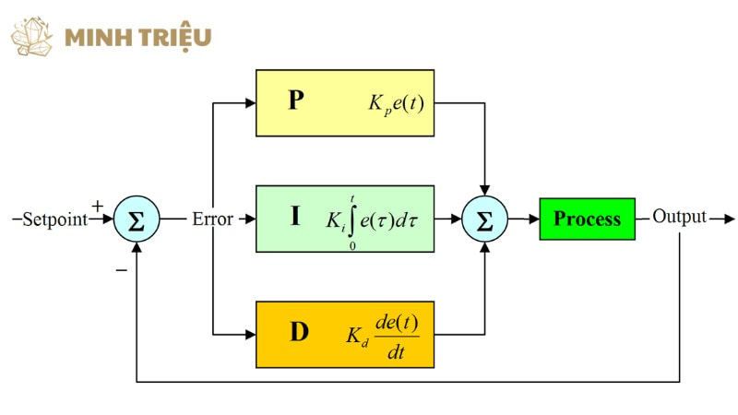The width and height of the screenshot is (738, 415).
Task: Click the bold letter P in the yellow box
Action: click(296, 100)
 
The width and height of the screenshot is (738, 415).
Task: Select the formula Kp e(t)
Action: click(396, 104)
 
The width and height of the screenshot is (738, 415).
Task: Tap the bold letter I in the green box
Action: click(295, 216)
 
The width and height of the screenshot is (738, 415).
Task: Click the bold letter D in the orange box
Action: click(299, 332)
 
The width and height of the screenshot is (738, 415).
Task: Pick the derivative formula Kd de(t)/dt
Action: click(383, 337)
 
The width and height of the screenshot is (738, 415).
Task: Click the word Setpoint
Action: click(55, 219)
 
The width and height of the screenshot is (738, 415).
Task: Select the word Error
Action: click(212, 219)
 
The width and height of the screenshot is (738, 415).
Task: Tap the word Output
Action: click(679, 217)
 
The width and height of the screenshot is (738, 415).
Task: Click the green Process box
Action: click(587, 219)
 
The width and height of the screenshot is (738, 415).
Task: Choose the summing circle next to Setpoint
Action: click(137, 219)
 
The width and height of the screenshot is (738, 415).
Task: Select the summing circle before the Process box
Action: click(485, 219)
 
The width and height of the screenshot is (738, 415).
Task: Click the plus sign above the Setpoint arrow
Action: click(97, 206)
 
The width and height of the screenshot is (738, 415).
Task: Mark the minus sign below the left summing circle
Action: click(122, 270)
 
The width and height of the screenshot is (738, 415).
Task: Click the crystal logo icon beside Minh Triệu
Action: click(32, 36)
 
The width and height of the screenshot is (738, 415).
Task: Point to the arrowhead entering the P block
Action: click(250, 103)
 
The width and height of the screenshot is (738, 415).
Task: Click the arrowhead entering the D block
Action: click(250, 335)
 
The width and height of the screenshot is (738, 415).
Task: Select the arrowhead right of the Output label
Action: click(729, 219)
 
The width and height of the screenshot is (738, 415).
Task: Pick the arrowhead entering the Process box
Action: click(534, 219)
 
